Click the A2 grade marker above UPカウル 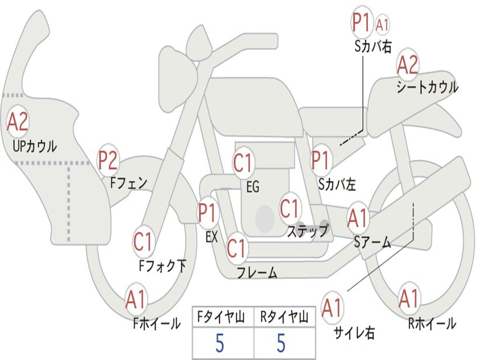point(18,121)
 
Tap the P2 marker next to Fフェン point(107,160)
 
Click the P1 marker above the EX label point(208,212)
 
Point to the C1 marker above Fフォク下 point(142,241)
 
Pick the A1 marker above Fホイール point(135,299)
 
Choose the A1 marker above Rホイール point(408,299)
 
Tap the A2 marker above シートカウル point(407,65)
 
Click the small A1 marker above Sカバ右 point(382,24)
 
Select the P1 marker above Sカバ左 point(321,160)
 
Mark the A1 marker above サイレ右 point(332,307)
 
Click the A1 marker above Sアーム point(357,218)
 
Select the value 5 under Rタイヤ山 point(281,343)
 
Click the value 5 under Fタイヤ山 point(219,343)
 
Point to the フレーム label point(257,272)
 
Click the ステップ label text point(307,231)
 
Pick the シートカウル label point(427,87)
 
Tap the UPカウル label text point(35,146)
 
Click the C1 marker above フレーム point(236,248)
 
